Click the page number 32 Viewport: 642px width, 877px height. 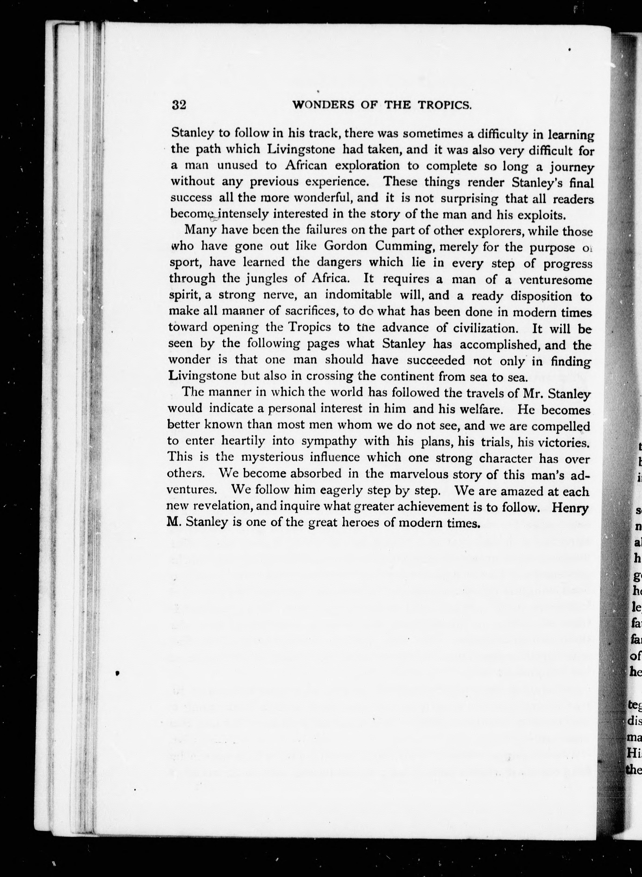[x=179, y=105]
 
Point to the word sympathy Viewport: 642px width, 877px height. [x=329, y=441]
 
